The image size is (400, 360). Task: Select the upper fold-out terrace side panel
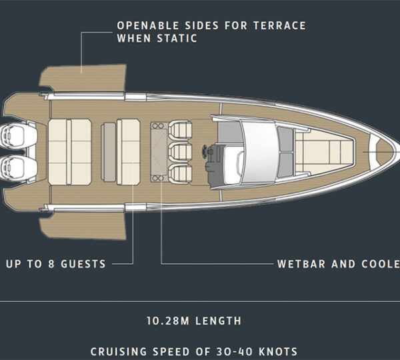[83, 79]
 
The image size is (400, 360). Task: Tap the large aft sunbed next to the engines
[69, 151]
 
